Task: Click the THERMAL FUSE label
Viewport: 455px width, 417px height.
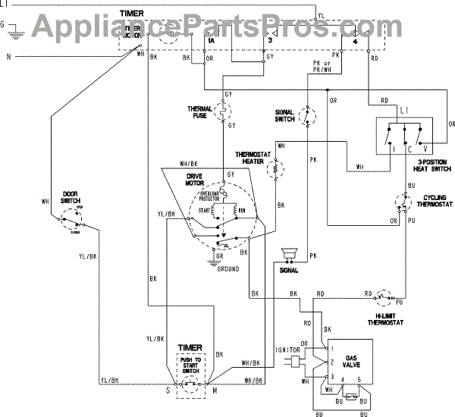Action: [x=201, y=112]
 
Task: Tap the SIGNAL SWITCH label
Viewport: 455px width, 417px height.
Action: [x=284, y=115]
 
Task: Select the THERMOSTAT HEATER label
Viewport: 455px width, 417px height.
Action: [x=249, y=155]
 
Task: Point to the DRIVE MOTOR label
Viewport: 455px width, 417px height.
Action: [x=199, y=179]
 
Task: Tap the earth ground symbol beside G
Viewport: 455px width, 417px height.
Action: [x=17, y=30]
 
